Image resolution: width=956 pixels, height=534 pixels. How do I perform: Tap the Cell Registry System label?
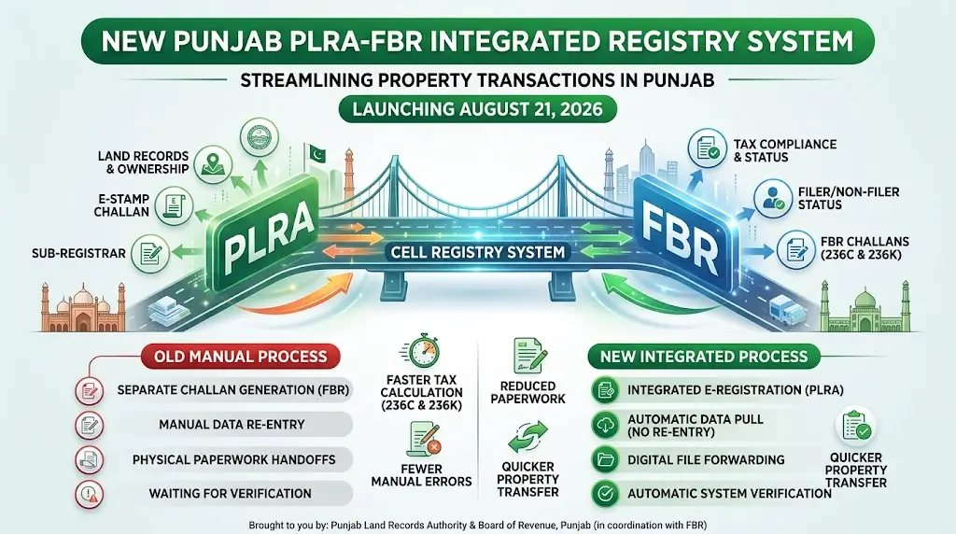coord(478,252)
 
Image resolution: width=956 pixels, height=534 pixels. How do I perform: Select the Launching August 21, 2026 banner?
coord(477,110)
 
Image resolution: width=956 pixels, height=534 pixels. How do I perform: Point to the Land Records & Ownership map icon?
coord(213,162)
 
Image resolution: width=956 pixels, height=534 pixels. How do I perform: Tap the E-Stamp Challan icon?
coord(175,205)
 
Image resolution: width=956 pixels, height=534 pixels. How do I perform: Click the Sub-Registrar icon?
coord(150,253)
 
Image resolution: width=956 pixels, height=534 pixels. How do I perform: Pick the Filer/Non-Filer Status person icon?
coord(772,198)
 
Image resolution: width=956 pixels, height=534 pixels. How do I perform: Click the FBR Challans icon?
coord(796,248)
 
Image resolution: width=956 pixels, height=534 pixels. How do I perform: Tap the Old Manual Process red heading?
coord(240,357)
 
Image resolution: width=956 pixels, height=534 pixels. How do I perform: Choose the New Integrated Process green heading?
coord(704,357)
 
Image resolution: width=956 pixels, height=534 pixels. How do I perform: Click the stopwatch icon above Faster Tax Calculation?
coord(421,352)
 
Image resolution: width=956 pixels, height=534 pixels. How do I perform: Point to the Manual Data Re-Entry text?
coord(232,425)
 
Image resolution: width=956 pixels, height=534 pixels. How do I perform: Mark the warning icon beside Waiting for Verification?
coord(90,493)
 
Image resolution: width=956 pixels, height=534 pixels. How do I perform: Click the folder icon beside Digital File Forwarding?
coord(606,459)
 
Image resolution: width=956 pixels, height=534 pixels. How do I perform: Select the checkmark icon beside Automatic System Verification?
coord(606,493)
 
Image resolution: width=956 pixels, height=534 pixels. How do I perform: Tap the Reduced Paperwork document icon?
coord(528,357)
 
